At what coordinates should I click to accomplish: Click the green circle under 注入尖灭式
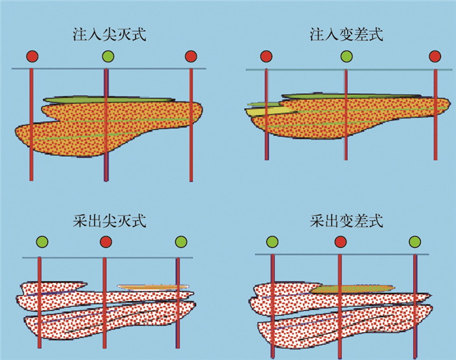tap(108, 57)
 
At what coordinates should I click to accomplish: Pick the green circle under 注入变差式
tap(346, 57)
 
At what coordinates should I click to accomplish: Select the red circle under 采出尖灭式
tap(106, 243)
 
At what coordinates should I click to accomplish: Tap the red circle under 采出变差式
tap(340, 243)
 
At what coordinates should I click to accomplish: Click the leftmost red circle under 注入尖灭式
tap(32, 57)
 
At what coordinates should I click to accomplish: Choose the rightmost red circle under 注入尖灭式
tap(190, 57)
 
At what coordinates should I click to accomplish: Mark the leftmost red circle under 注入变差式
tap(266, 57)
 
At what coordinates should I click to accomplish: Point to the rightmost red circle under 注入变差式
tap(435, 57)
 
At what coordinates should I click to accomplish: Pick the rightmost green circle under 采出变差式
tap(414, 243)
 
